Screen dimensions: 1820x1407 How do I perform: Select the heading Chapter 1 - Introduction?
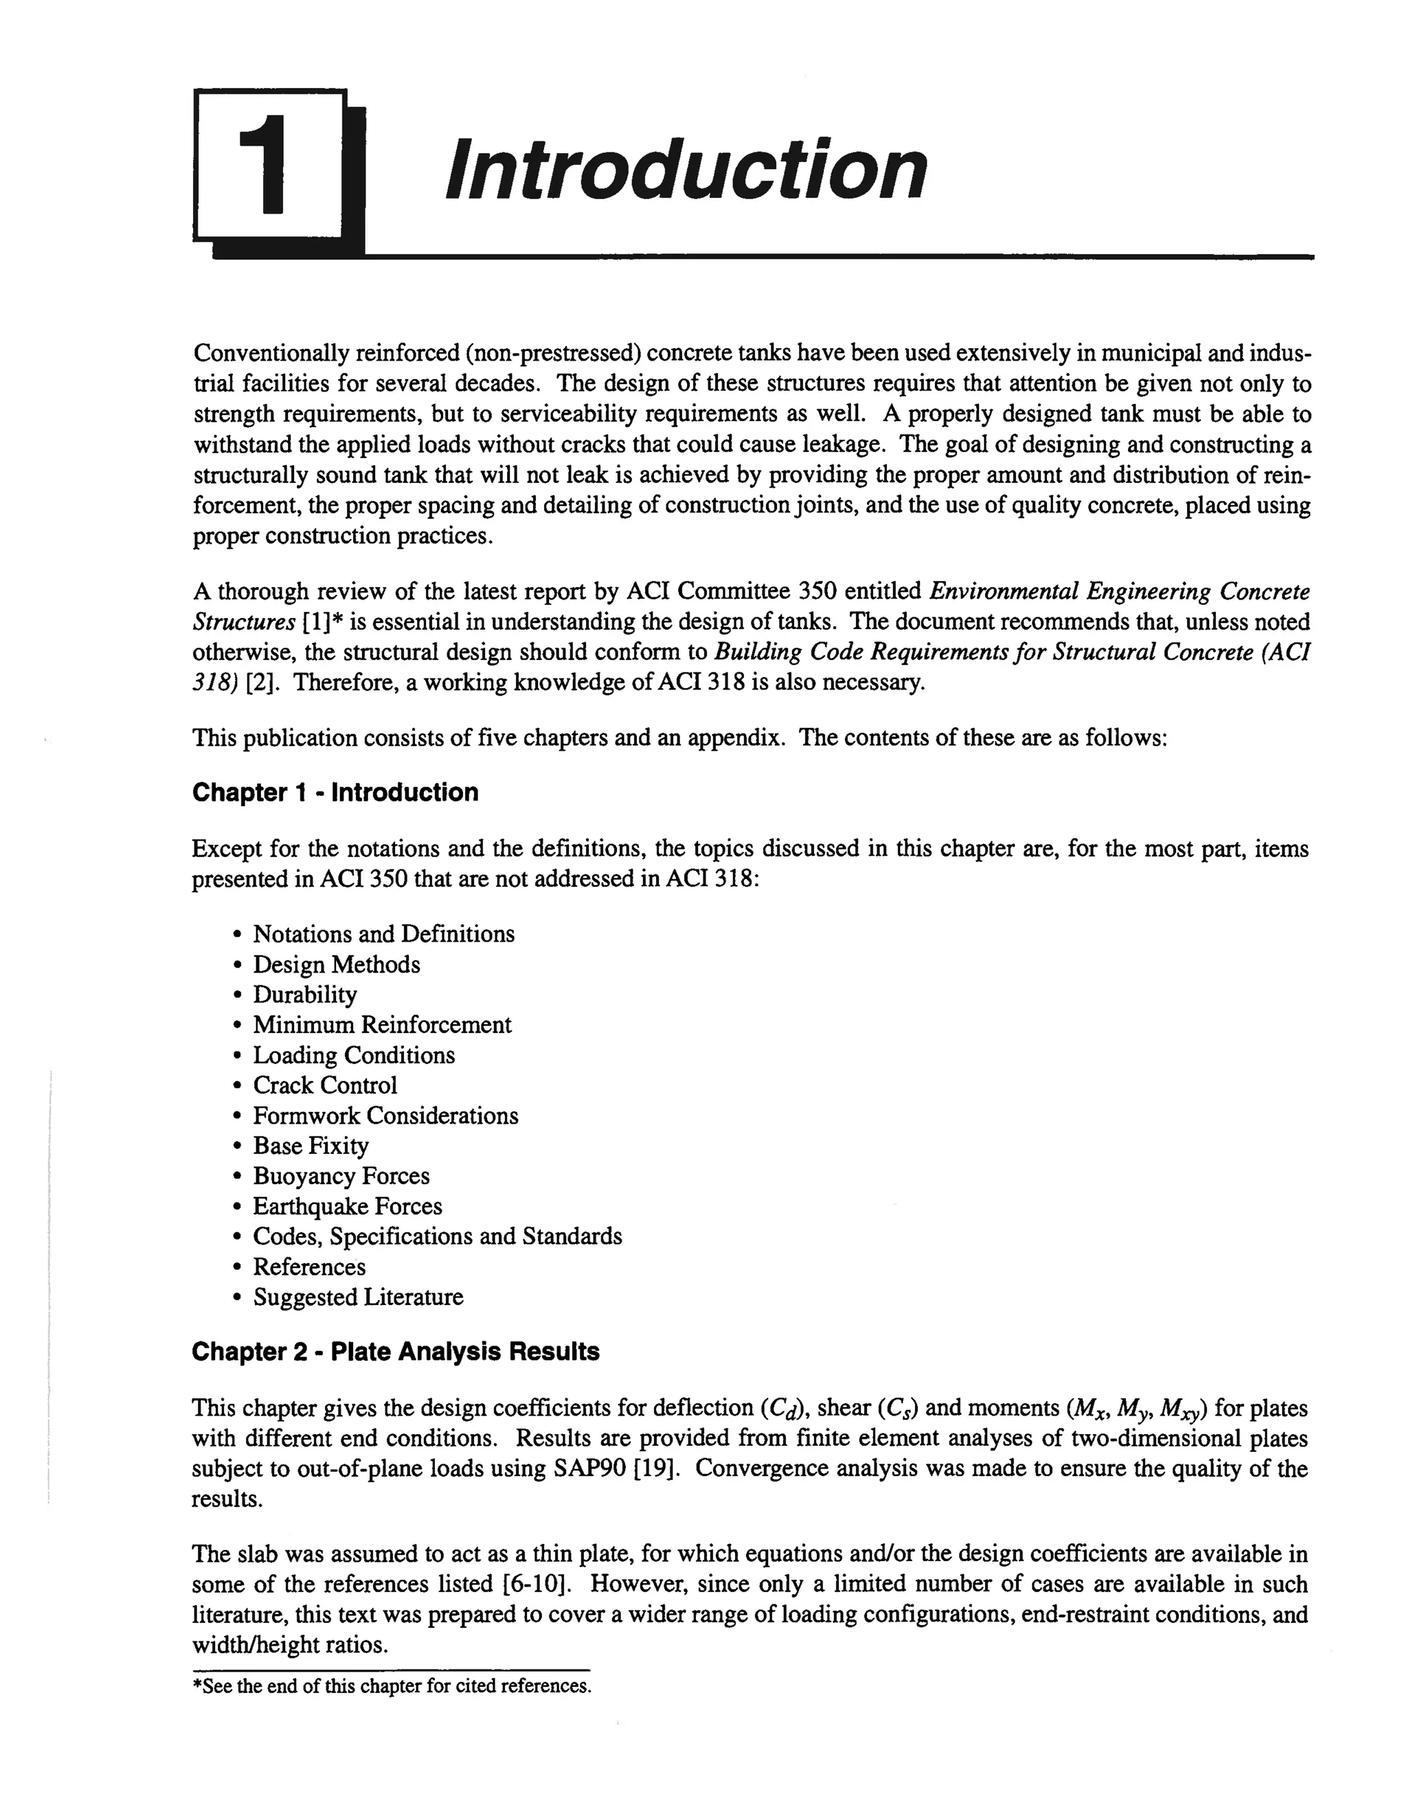tap(335, 792)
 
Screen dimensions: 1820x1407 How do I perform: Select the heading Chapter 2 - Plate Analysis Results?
tap(395, 1351)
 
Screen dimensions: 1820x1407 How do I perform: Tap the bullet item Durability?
tap(304, 994)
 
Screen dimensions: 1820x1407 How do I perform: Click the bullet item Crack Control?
tap(325, 1085)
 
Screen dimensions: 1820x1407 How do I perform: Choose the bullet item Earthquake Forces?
tap(347, 1206)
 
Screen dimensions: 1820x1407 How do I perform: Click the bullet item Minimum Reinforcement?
tap(382, 1024)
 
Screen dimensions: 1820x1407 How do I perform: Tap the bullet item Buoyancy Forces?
tap(341, 1176)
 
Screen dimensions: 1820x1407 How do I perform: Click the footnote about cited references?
tap(392, 1686)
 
